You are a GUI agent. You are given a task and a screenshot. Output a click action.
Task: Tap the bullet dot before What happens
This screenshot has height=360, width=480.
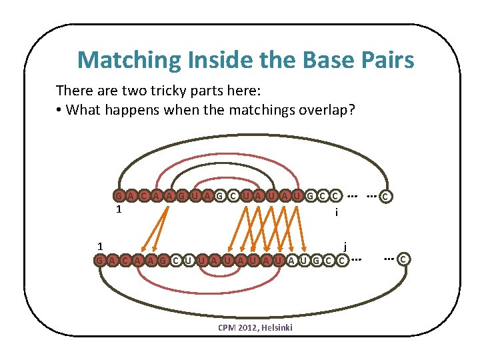click(60, 109)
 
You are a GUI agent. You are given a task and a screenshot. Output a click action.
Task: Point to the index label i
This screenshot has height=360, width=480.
click(337, 212)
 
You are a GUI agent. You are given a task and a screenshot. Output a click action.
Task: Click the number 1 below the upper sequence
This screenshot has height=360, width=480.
click(118, 210)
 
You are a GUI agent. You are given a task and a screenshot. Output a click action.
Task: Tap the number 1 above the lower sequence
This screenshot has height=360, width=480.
click(98, 245)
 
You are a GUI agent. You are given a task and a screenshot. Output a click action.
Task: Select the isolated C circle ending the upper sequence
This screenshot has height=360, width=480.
click(386, 197)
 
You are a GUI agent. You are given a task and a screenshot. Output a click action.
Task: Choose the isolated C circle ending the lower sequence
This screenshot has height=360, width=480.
click(403, 258)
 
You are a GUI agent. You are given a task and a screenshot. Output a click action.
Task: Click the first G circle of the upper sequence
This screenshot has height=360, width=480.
click(119, 196)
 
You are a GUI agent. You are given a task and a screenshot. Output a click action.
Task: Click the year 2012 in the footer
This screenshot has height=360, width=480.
click(243, 327)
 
